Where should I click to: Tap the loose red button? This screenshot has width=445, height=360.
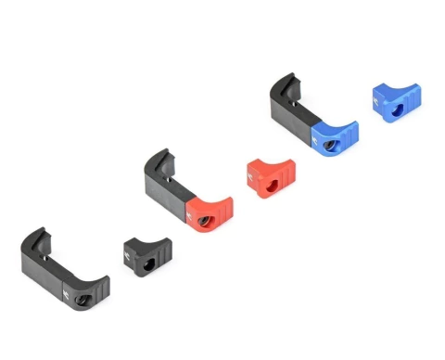pyautogui.click(x=270, y=177)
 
